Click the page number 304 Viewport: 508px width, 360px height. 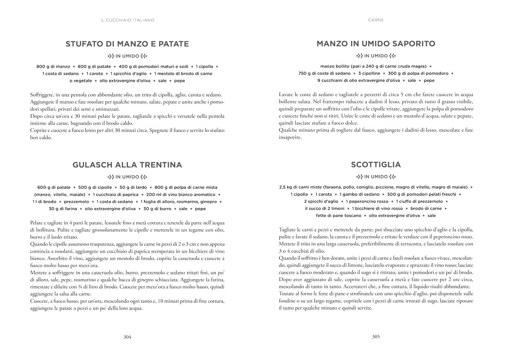127,337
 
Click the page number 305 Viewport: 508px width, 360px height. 376,337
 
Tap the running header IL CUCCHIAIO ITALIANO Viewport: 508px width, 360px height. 127,20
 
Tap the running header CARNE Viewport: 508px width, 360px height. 376,20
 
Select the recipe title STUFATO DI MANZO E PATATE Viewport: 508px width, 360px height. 127,44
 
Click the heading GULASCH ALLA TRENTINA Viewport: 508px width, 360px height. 127,165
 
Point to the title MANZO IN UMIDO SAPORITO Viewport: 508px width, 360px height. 376,44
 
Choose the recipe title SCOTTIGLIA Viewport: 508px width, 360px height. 376,165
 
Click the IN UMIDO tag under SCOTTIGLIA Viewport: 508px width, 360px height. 376,177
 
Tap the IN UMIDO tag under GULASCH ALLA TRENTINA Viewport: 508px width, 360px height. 127,177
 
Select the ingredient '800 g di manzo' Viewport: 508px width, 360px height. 53,67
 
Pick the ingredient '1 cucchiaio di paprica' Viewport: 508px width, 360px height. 115,195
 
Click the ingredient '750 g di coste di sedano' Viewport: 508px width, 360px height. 324,73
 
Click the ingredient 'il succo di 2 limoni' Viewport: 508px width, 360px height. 324,208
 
